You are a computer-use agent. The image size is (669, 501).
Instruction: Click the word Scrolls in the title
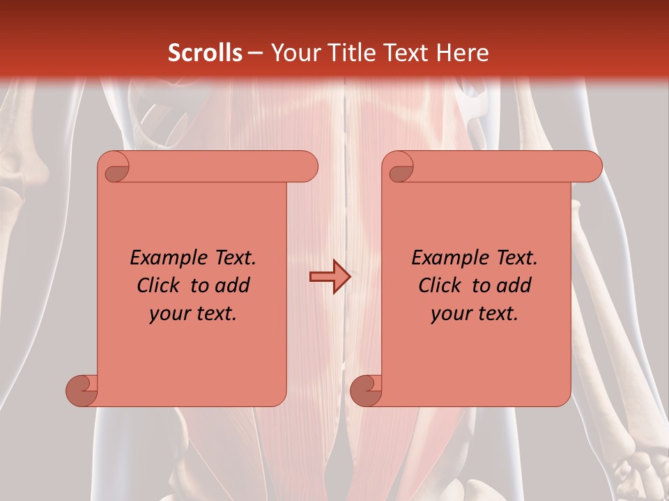click(205, 53)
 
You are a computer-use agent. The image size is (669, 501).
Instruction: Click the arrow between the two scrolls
click(330, 277)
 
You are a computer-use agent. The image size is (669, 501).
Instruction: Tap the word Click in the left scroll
click(153, 285)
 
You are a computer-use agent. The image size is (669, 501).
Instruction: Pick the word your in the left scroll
click(168, 314)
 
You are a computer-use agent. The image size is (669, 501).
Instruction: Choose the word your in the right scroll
click(449, 314)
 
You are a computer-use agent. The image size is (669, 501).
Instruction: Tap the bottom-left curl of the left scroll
click(82, 390)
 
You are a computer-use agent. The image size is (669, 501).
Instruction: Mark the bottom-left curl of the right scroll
click(365, 390)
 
